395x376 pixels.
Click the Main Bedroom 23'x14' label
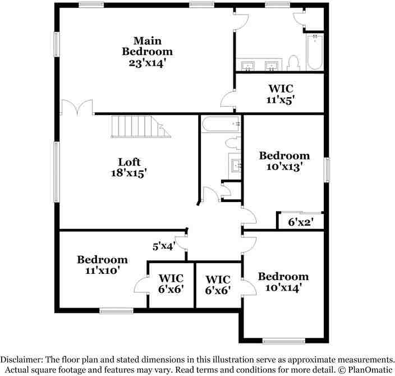[148, 52]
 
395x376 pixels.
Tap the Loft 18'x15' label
[129, 167]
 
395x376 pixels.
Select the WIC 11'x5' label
[281, 94]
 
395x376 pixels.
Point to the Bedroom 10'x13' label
[284, 161]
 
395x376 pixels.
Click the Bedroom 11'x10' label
[102, 265]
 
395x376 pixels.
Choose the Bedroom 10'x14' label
[283, 282]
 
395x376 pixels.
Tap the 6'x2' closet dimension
[301, 222]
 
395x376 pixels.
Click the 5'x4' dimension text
[164, 246]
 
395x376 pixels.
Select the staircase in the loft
[141, 126]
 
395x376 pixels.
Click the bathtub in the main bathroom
[315, 52]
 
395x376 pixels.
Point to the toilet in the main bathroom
[293, 63]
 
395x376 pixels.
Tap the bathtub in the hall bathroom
[221, 124]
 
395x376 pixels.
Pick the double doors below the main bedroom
[77, 107]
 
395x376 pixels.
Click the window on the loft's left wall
[57, 172]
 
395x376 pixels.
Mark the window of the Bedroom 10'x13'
[327, 169]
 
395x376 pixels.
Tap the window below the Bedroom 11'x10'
[116, 311]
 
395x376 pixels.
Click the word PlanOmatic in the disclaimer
[370, 370]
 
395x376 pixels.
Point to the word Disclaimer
[21, 359]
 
